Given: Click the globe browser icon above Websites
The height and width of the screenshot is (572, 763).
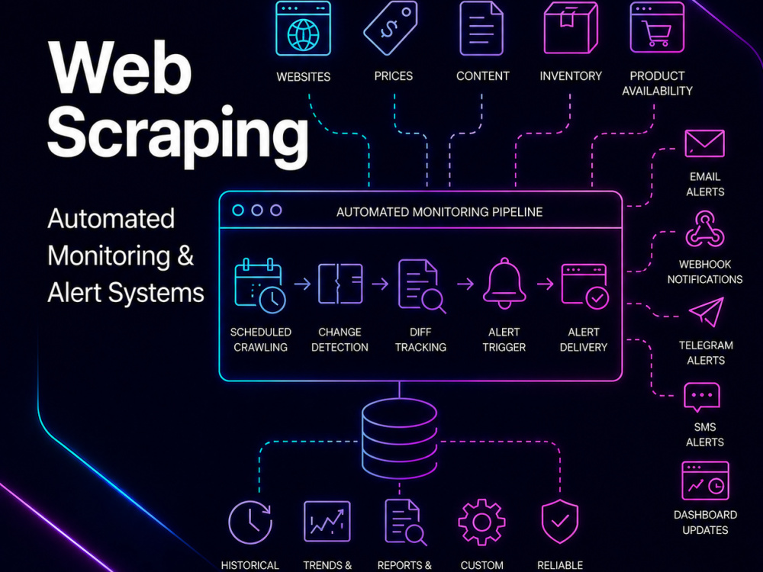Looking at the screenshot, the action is tap(303, 28).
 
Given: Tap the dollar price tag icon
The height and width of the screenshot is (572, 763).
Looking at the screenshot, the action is tap(390, 28).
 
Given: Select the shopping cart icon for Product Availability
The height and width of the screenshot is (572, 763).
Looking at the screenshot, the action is tap(657, 27).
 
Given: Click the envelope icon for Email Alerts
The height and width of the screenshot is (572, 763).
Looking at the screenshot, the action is tap(704, 143).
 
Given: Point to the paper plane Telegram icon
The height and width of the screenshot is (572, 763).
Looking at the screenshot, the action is tap(707, 312).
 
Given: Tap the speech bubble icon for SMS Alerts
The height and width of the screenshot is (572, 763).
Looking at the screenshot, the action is tap(702, 397).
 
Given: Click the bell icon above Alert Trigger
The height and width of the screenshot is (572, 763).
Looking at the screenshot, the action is tap(504, 284).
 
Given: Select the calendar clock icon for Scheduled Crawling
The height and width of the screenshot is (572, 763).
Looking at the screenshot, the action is tap(260, 285).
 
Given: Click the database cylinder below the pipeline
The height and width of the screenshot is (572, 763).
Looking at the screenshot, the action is tap(400, 439).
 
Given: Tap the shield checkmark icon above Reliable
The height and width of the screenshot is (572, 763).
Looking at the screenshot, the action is tap(560, 522).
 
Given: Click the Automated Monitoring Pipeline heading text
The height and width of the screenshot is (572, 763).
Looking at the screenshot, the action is tap(439, 212).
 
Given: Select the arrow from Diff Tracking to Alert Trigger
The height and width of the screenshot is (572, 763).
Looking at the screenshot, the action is tap(465, 284).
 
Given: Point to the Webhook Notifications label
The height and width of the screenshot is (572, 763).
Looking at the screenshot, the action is tap(704, 272).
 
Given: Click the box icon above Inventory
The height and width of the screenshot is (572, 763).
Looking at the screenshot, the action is tap(570, 27).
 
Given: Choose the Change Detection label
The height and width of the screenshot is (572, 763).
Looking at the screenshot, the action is tap(340, 339).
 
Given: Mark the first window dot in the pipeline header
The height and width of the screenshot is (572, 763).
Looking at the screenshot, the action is tap(238, 210).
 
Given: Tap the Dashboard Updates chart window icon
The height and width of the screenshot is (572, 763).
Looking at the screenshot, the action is tap(705, 481).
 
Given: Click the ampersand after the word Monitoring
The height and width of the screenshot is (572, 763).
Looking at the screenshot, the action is tap(185, 255).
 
